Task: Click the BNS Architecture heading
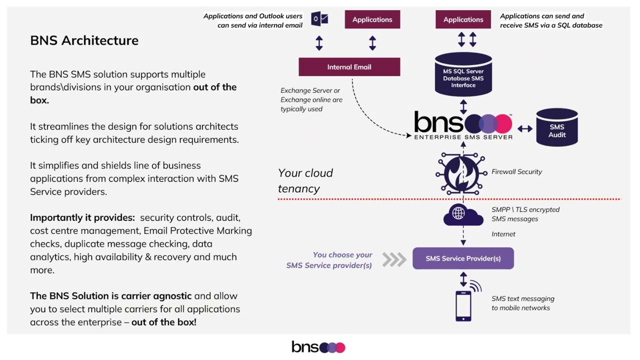click(84, 40)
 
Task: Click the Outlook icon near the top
click(319, 19)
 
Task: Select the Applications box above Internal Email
click(372, 19)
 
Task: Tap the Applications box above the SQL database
click(463, 19)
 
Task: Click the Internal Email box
click(349, 67)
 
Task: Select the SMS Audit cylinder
click(556, 128)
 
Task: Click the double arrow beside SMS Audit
click(524, 128)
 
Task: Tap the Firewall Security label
click(516, 171)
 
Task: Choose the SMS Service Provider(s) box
click(463, 258)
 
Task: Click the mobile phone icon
click(463, 305)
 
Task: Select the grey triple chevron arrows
click(394, 259)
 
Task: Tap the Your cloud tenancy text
click(305, 180)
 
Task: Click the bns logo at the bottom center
click(318, 347)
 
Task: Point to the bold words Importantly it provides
click(82, 217)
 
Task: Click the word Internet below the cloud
click(503, 234)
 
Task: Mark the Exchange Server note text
click(311, 99)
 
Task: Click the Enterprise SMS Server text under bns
click(463, 137)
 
